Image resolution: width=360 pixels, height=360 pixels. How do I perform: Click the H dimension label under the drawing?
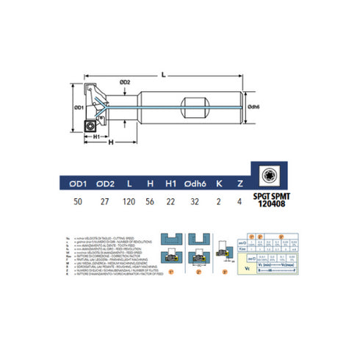click(109, 144)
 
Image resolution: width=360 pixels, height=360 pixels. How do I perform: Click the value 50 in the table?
click(79, 200)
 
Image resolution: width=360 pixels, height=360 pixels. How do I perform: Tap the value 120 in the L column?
click(130, 200)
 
